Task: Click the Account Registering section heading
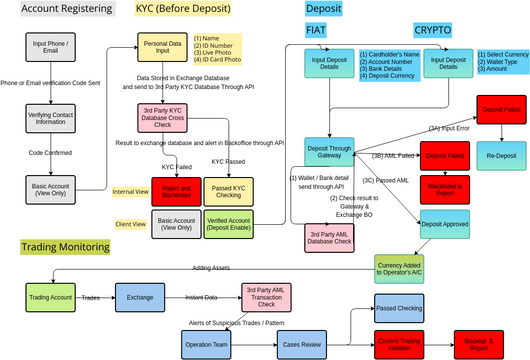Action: (65, 9)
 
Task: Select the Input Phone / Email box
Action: (50, 49)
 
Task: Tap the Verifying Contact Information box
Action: (50, 118)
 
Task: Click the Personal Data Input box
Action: (167, 49)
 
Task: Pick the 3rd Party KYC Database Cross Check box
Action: (167, 118)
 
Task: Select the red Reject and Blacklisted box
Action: (177, 190)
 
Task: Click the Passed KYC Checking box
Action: (231, 190)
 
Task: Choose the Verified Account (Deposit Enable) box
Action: (231, 223)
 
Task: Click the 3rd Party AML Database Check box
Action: (331, 237)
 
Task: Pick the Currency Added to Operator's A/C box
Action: (404, 267)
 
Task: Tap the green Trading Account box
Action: (51, 296)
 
